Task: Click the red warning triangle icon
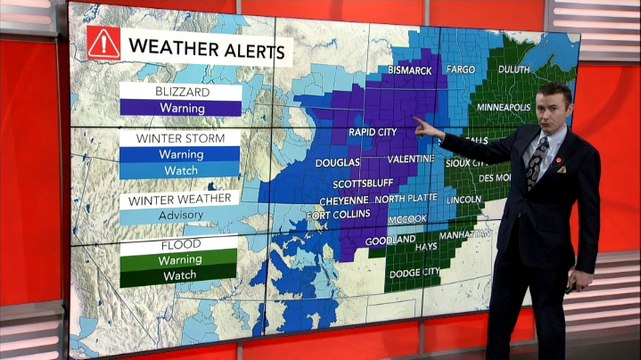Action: pos(103,43)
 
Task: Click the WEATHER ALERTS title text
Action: pos(206,48)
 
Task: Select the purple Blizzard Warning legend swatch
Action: pos(180,107)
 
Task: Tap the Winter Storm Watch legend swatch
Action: pos(180,171)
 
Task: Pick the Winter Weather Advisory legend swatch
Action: pos(180,215)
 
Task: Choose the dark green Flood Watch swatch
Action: pos(180,275)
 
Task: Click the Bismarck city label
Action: pos(404,71)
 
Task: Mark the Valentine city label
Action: pos(410,159)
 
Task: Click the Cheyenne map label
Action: pos(343,199)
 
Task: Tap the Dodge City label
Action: pos(418,273)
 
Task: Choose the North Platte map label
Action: pos(406,199)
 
